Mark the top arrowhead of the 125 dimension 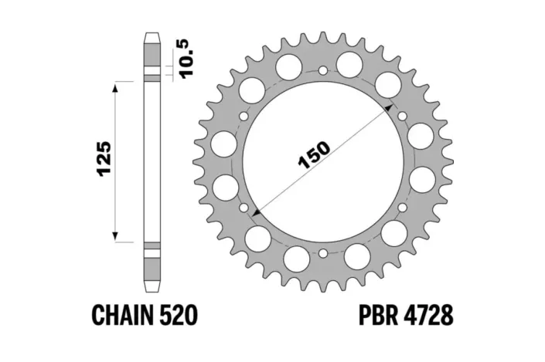click(x=116, y=84)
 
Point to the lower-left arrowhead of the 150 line click(x=254, y=210)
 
